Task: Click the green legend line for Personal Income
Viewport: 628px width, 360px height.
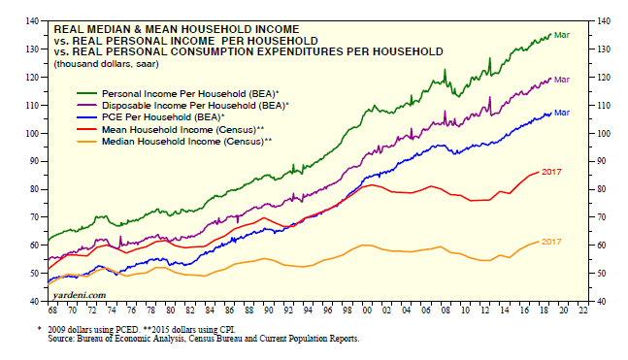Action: (86, 94)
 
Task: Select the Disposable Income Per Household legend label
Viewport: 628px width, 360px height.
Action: (195, 106)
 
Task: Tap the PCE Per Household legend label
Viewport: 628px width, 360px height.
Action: (163, 117)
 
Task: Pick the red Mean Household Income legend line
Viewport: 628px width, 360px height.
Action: (86, 130)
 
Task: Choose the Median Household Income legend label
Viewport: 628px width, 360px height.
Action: (187, 142)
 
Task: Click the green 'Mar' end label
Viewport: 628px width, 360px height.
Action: (562, 35)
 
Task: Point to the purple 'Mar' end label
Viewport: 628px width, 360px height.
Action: (562, 80)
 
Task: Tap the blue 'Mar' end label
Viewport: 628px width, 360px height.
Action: (562, 113)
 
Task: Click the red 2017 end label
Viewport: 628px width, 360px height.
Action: (551, 172)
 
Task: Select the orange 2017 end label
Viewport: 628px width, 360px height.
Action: (551, 242)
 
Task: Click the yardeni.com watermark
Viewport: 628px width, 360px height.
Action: (80, 295)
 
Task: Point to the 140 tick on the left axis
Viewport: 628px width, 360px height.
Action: (33, 20)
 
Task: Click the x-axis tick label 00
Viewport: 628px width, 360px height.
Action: (366, 311)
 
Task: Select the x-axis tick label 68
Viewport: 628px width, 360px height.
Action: (52, 311)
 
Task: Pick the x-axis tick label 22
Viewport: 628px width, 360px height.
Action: (582, 311)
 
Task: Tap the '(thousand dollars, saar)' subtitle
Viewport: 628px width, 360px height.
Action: (106, 64)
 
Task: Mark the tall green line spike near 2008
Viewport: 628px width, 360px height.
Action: (445, 76)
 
